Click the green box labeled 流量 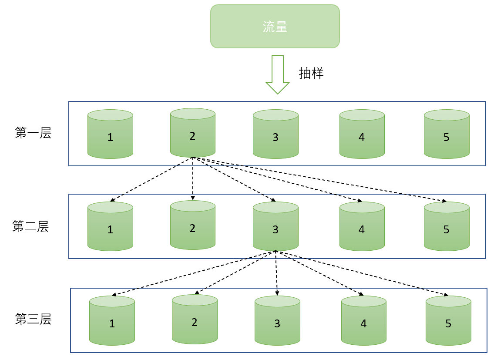[x=275, y=26]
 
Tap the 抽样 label [x=311, y=73]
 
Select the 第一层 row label [x=33, y=133]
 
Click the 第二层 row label [x=30, y=227]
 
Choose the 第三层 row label [x=33, y=320]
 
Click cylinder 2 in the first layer [x=192, y=133]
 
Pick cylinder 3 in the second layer [x=276, y=226]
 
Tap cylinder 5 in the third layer [x=448, y=320]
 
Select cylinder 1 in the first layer [x=110, y=134]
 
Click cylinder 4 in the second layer [x=362, y=226]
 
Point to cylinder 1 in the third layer [x=112, y=320]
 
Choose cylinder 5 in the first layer [x=447, y=134]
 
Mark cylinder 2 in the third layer [x=195, y=319]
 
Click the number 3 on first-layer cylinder [x=276, y=138]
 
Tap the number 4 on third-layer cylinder [x=363, y=324]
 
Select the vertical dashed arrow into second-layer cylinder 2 [x=192, y=178]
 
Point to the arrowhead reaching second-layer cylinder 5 [x=444, y=201]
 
